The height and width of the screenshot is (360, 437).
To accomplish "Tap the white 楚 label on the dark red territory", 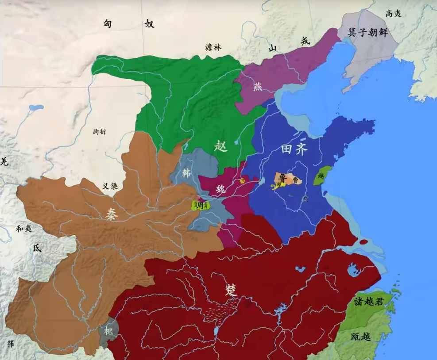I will point(231,290).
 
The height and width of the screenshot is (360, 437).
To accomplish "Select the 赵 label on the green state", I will point(220,146).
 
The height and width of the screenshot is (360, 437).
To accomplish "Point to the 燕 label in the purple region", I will point(258,87).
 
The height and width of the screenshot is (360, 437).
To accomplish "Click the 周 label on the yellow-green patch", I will point(200,205).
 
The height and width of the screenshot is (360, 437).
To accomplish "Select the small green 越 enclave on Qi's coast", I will point(322,176).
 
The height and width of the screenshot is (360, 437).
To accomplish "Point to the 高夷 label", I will point(393,14).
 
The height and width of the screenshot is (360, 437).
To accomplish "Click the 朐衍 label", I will point(100,131).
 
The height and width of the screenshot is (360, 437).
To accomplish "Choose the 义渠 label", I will point(110,186).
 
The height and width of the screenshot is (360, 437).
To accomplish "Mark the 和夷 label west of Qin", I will point(23,229).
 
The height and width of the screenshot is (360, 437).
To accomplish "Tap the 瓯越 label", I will point(360,337).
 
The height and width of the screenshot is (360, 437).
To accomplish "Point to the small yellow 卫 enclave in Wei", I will point(242,180).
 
